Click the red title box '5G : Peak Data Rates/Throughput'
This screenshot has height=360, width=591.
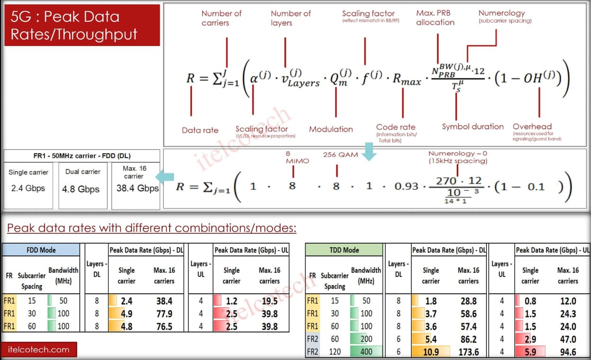[x=82, y=25]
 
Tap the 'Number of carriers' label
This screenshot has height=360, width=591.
[x=221, y=18]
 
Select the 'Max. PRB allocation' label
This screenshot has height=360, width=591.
[x=435, y=18]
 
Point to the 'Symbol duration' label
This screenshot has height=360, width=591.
[x=473, y=127]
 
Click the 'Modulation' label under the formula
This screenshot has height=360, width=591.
[x=331, y=129]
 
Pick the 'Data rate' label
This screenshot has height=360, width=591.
[x=200, y=130]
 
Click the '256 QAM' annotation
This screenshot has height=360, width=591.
[x=340, y=155]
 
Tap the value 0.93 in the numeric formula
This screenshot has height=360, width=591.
[x=407, y=186]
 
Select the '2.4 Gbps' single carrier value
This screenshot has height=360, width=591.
[x=28, y=188]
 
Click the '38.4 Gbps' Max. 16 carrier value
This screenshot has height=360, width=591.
[x=137, y=188]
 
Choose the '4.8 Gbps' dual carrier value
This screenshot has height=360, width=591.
[x=81, y=189]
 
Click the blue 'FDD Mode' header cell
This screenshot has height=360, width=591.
[x=41, y=250]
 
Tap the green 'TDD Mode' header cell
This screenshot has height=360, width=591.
[x=344, y=250]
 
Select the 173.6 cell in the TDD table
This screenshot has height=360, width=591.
[x=468, y=352]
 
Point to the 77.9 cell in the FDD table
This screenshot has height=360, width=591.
[x=164, y=314]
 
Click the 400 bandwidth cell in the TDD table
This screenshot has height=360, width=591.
[x=366, y=351]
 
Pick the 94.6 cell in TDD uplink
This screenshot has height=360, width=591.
[x=568, y=352]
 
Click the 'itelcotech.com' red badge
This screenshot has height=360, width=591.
[x=39, y=350]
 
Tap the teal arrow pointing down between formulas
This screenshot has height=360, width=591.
[x=369, y=152]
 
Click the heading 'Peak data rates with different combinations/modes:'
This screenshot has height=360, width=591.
[x=152, y=228]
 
